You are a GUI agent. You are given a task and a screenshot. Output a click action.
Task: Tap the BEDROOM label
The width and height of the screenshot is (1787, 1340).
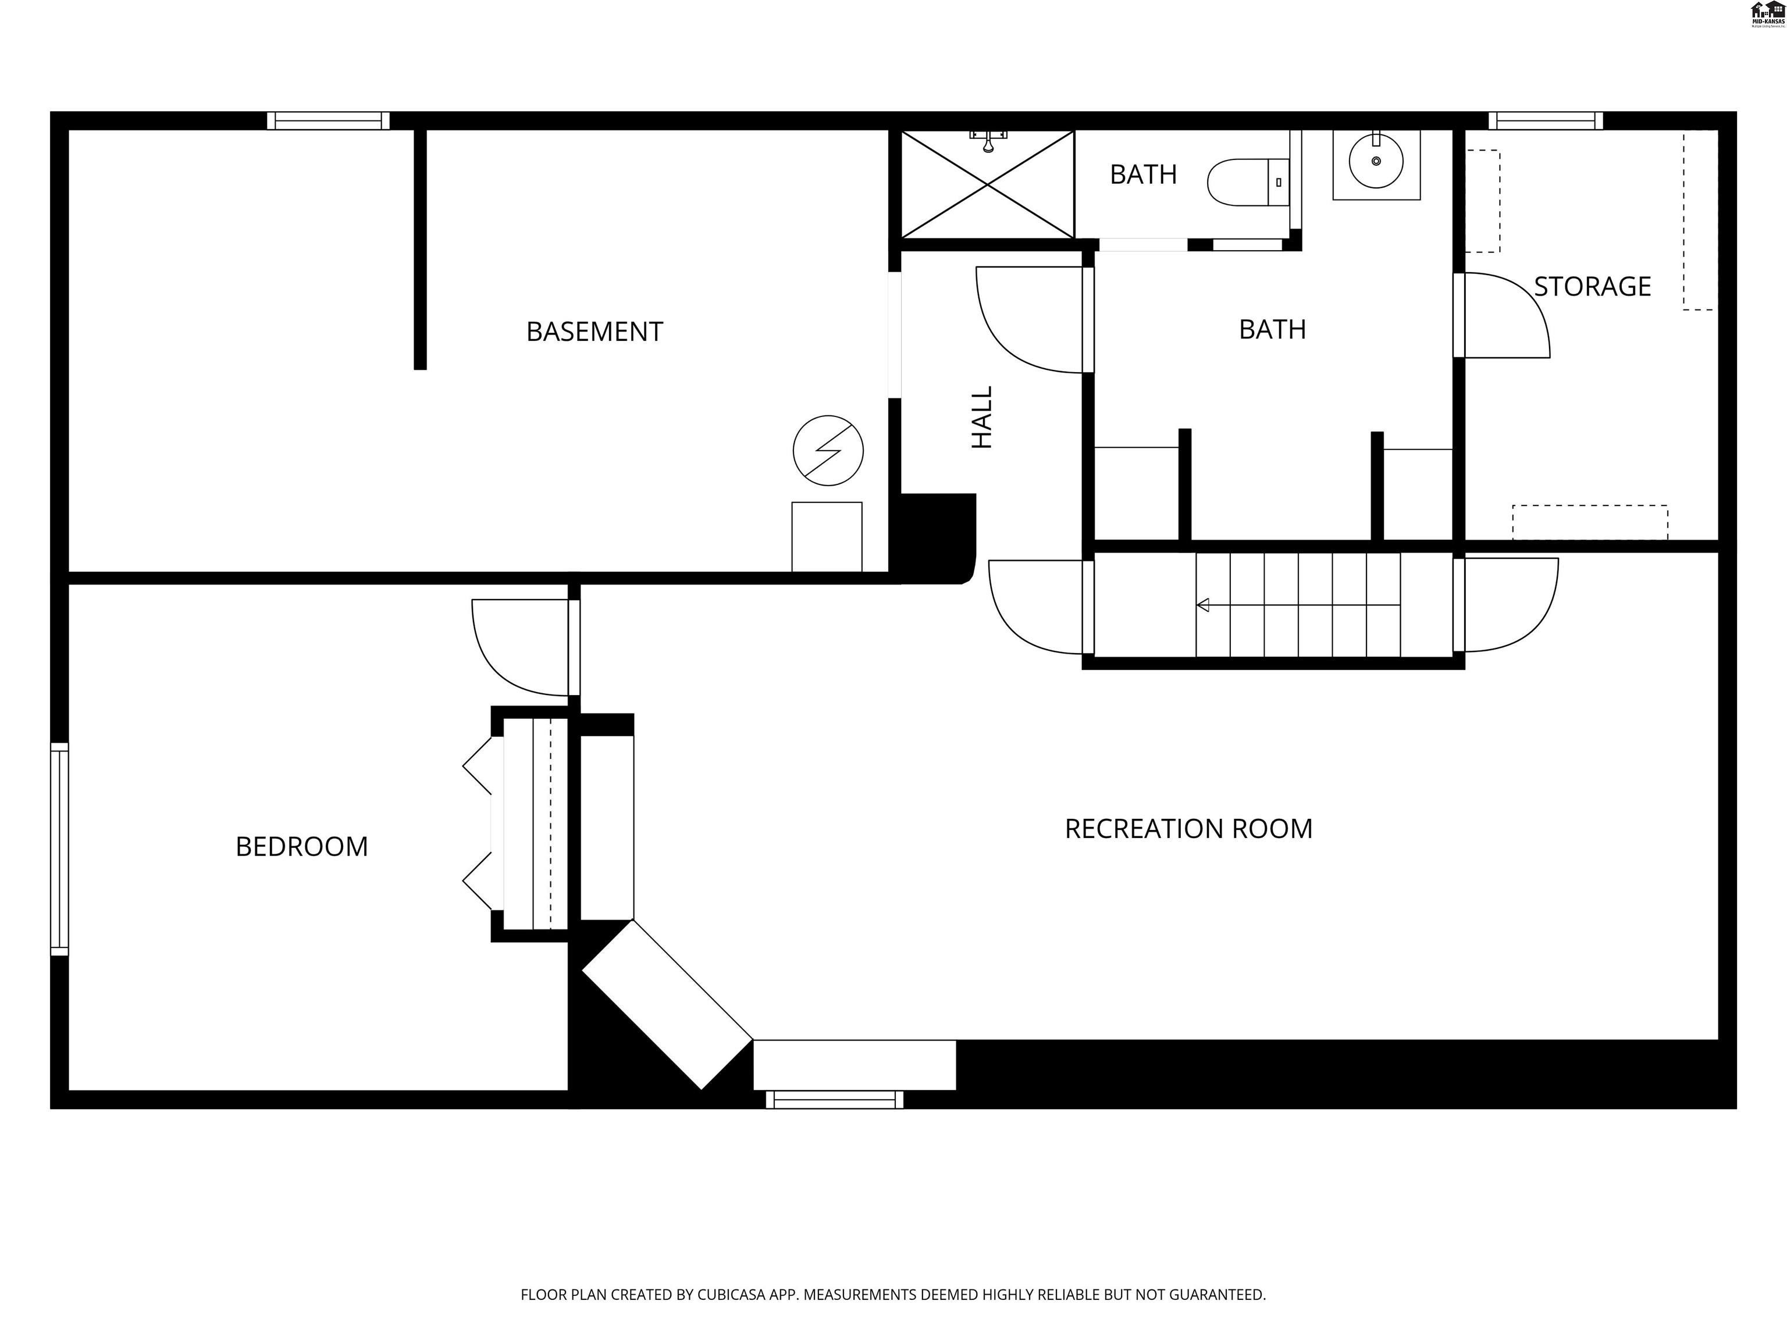point(301,846)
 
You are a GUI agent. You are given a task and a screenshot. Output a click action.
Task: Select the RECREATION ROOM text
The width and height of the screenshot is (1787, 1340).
point(1188,829)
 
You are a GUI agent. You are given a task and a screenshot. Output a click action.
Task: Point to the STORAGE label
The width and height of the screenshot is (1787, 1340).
point(1592,287)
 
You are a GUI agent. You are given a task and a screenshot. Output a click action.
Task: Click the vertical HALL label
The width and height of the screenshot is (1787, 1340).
point(981,417)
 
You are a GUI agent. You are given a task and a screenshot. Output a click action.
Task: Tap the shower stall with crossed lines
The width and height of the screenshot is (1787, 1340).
point(987,185)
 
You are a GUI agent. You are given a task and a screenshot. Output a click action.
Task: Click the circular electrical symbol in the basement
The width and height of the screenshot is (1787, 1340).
point(828,451)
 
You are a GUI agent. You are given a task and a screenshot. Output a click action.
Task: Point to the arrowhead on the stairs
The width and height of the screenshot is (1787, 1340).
point(1203,605)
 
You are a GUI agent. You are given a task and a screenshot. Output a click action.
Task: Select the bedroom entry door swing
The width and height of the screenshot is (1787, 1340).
point(521,646)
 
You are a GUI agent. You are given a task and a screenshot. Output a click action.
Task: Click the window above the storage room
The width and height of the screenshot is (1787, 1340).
point(1546,121)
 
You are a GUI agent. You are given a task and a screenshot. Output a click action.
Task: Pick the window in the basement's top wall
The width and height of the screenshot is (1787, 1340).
point(328,121)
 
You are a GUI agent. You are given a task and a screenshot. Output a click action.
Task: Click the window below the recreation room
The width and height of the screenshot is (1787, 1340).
point(835,1099)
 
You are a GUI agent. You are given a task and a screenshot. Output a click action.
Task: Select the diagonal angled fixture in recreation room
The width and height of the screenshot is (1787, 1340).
point(667,1005)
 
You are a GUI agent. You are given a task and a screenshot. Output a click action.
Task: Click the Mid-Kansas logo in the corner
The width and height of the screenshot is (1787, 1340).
point(1767,15)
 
